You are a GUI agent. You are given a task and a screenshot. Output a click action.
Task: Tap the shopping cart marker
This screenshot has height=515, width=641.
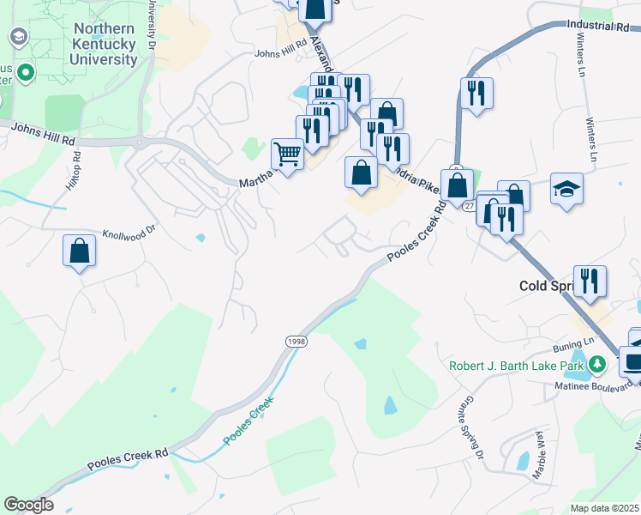[287, 155]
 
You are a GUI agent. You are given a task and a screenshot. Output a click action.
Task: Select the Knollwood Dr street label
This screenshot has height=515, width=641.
[130, 232]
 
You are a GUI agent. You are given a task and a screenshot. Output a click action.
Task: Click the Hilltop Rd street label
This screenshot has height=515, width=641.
[73, 171]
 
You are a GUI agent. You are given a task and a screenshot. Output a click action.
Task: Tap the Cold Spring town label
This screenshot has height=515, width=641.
[548, 286]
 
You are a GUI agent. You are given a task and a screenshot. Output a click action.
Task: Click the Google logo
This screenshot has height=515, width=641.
[28, 505]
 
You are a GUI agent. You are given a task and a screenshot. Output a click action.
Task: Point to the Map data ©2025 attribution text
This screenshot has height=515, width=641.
[604, 508]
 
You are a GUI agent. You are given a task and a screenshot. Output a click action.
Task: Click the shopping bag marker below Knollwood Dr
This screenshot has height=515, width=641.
[79, 252]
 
